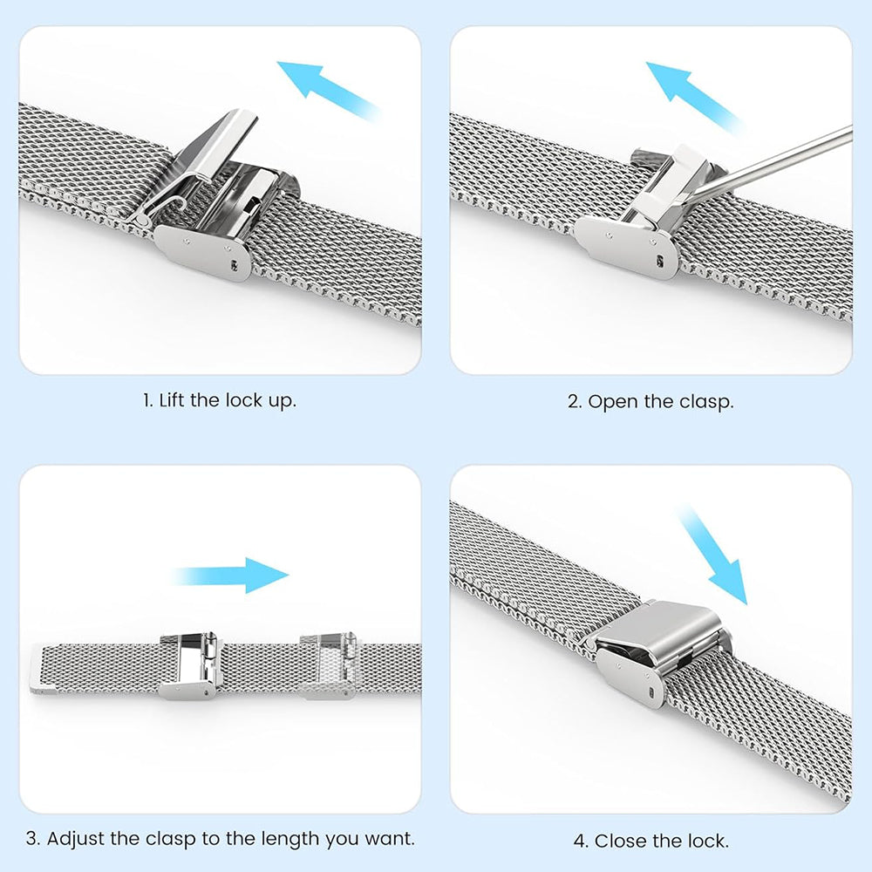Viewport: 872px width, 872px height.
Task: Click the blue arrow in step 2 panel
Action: [692, 93]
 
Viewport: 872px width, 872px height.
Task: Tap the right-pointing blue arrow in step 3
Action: [234, 576]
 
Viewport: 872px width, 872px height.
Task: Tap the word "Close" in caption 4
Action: [617, 841]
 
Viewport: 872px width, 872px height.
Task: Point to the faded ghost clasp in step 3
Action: [329, 666]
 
